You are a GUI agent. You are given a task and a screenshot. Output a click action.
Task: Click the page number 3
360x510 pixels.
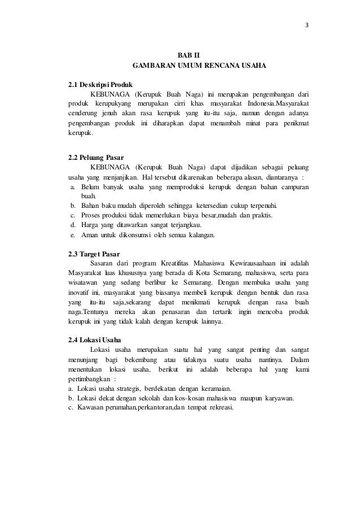tap(308, 25)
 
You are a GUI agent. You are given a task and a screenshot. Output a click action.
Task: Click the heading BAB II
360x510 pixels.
tap(188, 55)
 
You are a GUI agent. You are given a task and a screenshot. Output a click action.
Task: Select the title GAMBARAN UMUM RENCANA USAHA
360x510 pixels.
tap(199, 67)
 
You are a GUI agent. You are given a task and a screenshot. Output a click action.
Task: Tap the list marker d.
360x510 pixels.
tap(73, 225)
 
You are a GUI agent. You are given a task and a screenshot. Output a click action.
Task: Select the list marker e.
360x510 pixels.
tap(73, 235)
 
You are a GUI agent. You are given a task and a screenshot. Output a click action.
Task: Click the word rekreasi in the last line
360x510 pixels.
tap(218, 408)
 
